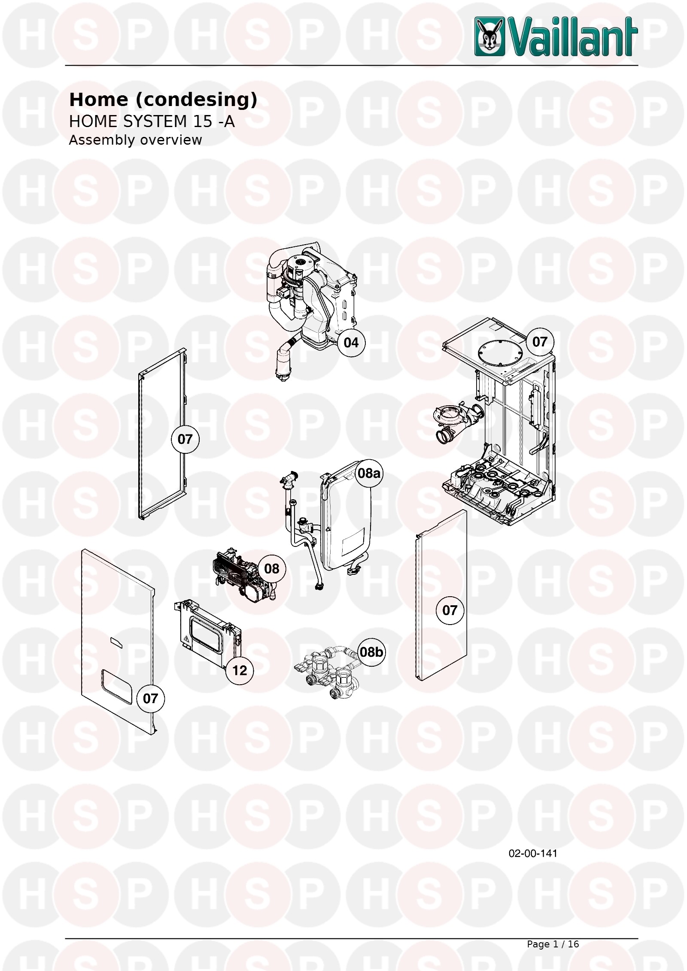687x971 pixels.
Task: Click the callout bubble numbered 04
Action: pyautogui.click(x=351, y=343)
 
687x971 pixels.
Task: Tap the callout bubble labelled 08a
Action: pyautogui.click(x=369, y=473)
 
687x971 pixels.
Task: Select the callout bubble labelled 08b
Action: pyautogui.click(x=371, y=652)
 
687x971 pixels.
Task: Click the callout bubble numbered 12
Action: pyautogui.click(x=240, y=670)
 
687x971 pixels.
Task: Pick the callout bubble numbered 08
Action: pyautogui.click(x=272, y=569)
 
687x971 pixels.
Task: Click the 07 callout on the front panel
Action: pyautogui.click(x=150, y=698)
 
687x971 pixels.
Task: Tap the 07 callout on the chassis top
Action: pyautogui.click(x=540, y=342)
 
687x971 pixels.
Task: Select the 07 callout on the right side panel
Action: pyautogui.click(x=450, y=610)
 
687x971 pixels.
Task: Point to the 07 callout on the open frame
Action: pyautogui.click(x=185, y=439)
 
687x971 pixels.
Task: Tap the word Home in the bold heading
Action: pyautogui.click(x=99, y=100)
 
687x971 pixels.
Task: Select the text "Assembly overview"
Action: pyautogui.click(x=135, y=140)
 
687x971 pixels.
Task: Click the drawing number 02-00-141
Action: pyautogui.click(x=533, y=853)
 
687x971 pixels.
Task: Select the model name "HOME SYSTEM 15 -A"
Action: pyautogui.click(x=152, y=121)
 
